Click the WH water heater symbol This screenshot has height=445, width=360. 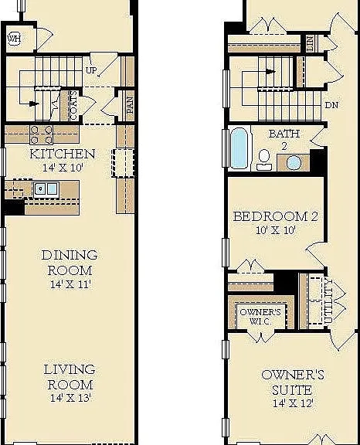(15, 39)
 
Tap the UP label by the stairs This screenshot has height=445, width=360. (91, 70)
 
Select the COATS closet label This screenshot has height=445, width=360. (73, 105)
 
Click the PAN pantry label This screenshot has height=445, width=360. (130, 105)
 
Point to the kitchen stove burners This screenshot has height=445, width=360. (42, 134)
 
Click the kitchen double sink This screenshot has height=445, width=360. (46, 189)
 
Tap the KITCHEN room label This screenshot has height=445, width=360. (63, 154)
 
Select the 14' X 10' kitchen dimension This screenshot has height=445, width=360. (63, 168)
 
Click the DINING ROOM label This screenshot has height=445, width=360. (70, 263)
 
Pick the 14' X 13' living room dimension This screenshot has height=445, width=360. (70, 398)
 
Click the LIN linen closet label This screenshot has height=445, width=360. (311, 44)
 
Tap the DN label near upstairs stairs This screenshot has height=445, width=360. (331, 105)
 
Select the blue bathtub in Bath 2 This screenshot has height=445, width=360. (239, 148)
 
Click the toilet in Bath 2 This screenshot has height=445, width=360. (264, 160)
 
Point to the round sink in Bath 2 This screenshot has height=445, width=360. (294, 163)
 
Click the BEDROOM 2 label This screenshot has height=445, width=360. (276, 217)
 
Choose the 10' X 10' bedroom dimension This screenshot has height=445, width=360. (276, 230)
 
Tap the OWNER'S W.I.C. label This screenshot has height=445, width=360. (260, 317)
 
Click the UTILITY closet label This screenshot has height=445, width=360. (328, 301)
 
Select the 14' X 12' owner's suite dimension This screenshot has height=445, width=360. (293, 403)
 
